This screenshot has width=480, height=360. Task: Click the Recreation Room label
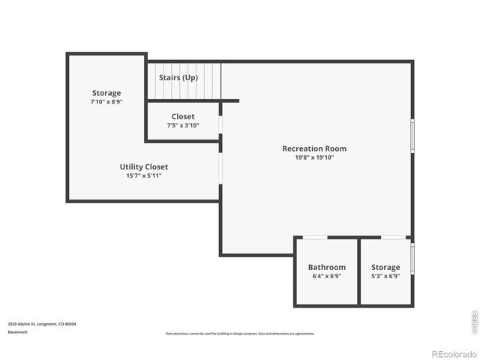(314, 148)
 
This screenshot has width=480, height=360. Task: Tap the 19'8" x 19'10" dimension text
(314, 157)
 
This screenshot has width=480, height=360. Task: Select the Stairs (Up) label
(178, 77)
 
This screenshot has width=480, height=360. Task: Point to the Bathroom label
(327, 267)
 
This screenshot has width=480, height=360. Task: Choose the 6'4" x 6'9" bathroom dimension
(327, 276)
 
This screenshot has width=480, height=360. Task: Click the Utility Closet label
(144, 166)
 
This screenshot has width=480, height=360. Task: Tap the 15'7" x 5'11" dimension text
(144, 175)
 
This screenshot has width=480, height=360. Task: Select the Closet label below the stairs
(183, 116)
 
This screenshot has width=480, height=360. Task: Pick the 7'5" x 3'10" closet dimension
(183, 125)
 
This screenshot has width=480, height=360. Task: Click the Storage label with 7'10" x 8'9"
(106, 93)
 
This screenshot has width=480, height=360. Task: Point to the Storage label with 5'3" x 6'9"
(385, 267)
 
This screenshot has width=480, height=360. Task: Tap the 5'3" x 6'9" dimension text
(385, 276)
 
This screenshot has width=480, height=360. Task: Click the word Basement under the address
(17, 331)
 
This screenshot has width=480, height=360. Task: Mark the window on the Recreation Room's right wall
(412, 136)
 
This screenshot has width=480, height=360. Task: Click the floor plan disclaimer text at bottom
(240, 333)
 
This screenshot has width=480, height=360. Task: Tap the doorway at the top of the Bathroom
(315, 238)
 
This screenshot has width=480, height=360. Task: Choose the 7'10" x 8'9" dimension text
(106, 101)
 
